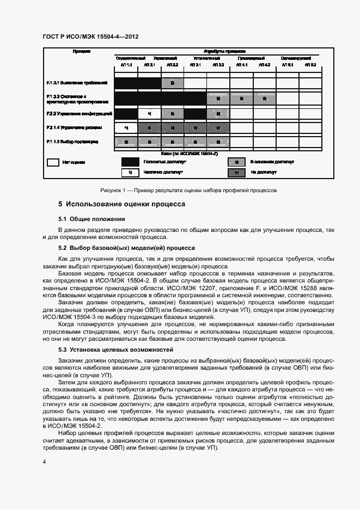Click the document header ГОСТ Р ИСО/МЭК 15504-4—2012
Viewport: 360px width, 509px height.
tap(90, 36)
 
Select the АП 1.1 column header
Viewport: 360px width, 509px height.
tap(126, 65)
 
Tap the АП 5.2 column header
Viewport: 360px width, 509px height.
tap(310, 65)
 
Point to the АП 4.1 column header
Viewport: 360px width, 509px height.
tap(241, 65)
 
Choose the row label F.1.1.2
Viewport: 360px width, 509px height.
tap(72, 142)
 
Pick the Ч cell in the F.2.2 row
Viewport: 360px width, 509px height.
tap(149, 114)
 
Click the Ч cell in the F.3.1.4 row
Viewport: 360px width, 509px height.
tap(126, 128)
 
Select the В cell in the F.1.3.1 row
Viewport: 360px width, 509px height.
tap(172, 83)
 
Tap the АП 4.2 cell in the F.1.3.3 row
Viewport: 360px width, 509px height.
tap(264, 99)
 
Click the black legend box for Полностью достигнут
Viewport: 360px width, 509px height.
tap(130, 162)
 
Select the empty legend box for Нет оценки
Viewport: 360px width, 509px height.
tap(53, 162)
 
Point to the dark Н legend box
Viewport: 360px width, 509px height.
tap(236, 172)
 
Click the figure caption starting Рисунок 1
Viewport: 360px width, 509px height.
tap(189, 191)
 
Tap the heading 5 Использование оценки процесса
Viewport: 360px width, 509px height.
tap(122, 204)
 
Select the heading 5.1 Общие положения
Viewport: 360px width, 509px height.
tap(91, 219)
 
